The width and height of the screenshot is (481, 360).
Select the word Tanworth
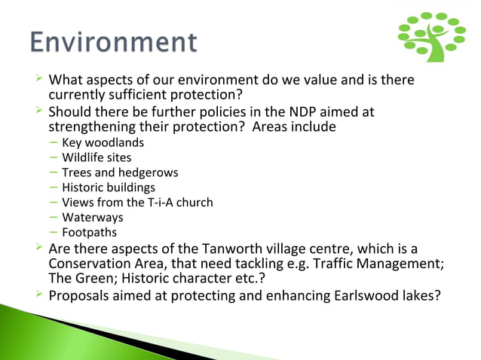coord(233,249)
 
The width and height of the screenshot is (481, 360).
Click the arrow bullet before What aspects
coord(39,80)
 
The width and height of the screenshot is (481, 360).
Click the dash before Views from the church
coord(54,203)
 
